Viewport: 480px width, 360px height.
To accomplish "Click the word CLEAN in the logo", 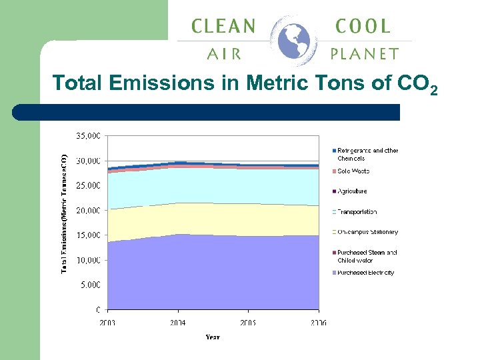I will pyautogui.click(x=223, y=27).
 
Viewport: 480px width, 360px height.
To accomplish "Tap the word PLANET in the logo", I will pyautogui.click(x=365, y=54).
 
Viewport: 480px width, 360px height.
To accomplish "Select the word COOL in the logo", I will pyautogui.click(x=363, y=27).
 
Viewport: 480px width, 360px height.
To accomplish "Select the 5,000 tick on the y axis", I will pyautogui.click(x=91, y=285).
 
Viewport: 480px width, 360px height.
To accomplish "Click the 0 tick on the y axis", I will pyautogui.click(x=98, y=309).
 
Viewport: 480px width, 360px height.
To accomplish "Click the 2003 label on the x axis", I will pyautogui.click(x=107, y=323).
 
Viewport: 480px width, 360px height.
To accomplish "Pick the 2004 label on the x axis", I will pyautogui.click(x=178, y=323).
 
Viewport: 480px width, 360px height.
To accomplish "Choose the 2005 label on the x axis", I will pyautogui.click(x=248, y=323).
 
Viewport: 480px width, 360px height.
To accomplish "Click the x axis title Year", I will pyautogui.click(x=213, y=337).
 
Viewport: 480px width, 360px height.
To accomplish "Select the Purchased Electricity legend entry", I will pyautogui.click(x=365, y=273).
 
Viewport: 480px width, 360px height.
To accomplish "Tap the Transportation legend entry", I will pyautogui.click(x=357, y=212).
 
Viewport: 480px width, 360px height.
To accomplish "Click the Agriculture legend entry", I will pyautogui.click(x=352, y=191).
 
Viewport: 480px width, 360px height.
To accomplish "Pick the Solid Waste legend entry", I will pyautogui.click(x=353, y=171).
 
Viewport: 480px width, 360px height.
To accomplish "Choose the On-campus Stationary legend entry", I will pyautogui.click(x=367, y=232).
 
